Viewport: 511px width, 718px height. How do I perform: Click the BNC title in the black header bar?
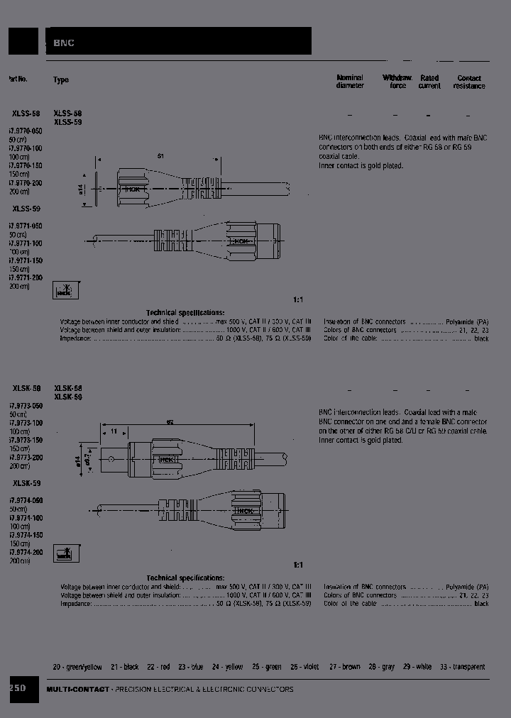[64, 43]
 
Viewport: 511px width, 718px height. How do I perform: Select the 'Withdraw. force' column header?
[397, 82]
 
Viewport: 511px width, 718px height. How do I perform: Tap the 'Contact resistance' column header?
[469, 82]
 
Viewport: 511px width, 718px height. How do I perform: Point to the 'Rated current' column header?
[429, 82]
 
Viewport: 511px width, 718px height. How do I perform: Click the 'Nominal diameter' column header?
[350, 82]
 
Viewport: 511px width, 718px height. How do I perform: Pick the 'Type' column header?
[61, 80]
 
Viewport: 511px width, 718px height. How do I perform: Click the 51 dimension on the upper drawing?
[160, 155]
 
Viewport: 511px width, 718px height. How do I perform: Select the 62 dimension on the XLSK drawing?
[170, 422]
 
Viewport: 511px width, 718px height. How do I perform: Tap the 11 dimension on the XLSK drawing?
[114, 431]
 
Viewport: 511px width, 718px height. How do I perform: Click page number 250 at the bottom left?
[18, 688]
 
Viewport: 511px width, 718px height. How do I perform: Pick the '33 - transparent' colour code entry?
[462, 667]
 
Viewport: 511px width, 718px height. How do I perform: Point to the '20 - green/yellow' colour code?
[77, 667]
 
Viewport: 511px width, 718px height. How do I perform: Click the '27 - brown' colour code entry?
[344, 667]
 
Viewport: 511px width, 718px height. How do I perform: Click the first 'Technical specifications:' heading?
[185, 313]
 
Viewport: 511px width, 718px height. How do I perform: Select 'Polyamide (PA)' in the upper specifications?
[468, 321]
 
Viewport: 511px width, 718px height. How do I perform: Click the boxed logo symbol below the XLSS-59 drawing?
[65, 290]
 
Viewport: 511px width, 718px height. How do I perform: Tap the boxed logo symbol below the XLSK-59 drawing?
[65, 554]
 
